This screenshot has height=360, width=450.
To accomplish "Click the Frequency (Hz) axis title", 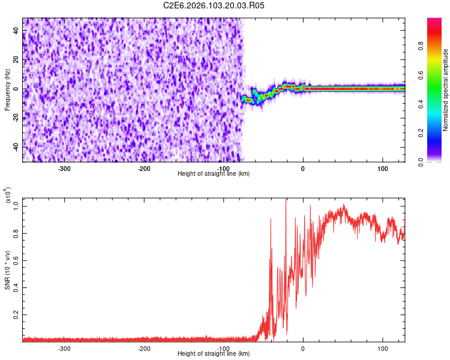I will (7, 90).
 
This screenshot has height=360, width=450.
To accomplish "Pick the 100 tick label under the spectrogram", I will (383, 168).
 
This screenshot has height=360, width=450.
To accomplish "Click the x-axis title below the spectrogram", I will (214, 173).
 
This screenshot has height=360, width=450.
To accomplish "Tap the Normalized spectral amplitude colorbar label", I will (446, 90).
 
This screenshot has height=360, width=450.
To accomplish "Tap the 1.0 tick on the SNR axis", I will (16, 206).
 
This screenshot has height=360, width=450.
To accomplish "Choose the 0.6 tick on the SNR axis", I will (16, 260).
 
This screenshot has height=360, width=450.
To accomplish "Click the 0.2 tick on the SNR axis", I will (16, 314).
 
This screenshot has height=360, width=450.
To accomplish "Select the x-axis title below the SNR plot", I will (214, 353).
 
